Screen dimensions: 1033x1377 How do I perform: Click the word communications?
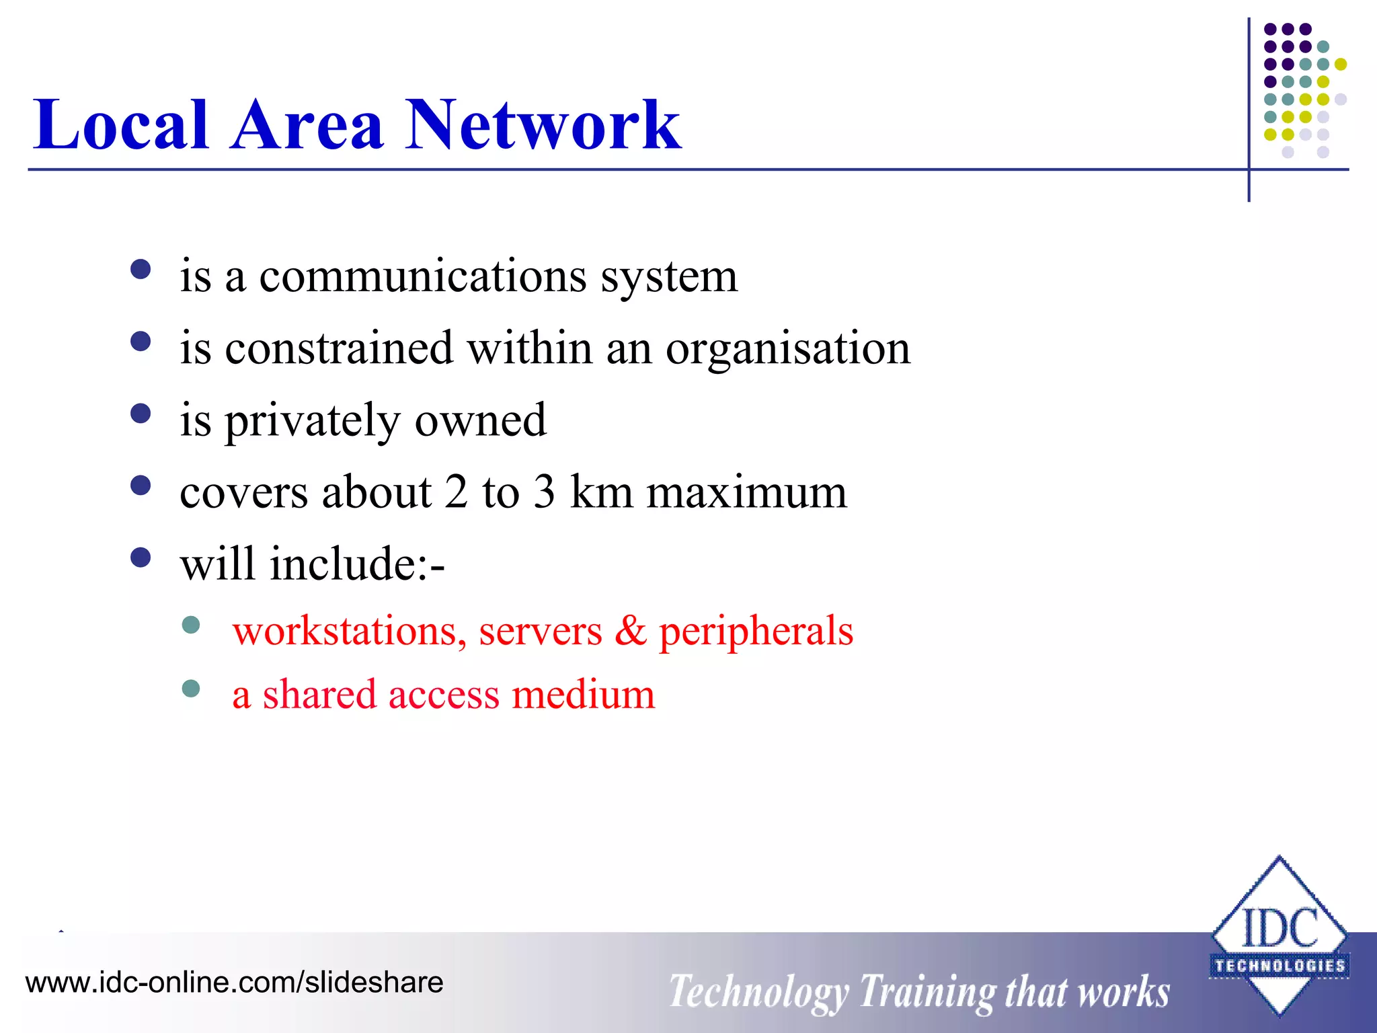(423, 276)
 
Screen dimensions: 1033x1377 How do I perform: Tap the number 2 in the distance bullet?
(456, 492)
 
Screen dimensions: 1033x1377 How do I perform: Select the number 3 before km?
(545, 492)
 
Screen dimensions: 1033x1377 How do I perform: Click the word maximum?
(746, 492)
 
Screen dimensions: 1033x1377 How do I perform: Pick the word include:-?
(357, 564)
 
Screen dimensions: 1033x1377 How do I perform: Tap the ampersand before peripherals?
(631, 631)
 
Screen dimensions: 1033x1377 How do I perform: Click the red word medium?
(583, 695)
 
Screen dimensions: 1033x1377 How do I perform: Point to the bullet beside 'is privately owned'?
(141, 414)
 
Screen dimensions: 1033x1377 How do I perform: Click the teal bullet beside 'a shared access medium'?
(191, 689)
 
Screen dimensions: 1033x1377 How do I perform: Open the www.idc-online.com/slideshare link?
(234, 983)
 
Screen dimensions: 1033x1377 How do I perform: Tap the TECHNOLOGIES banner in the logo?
(1280, 966)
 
